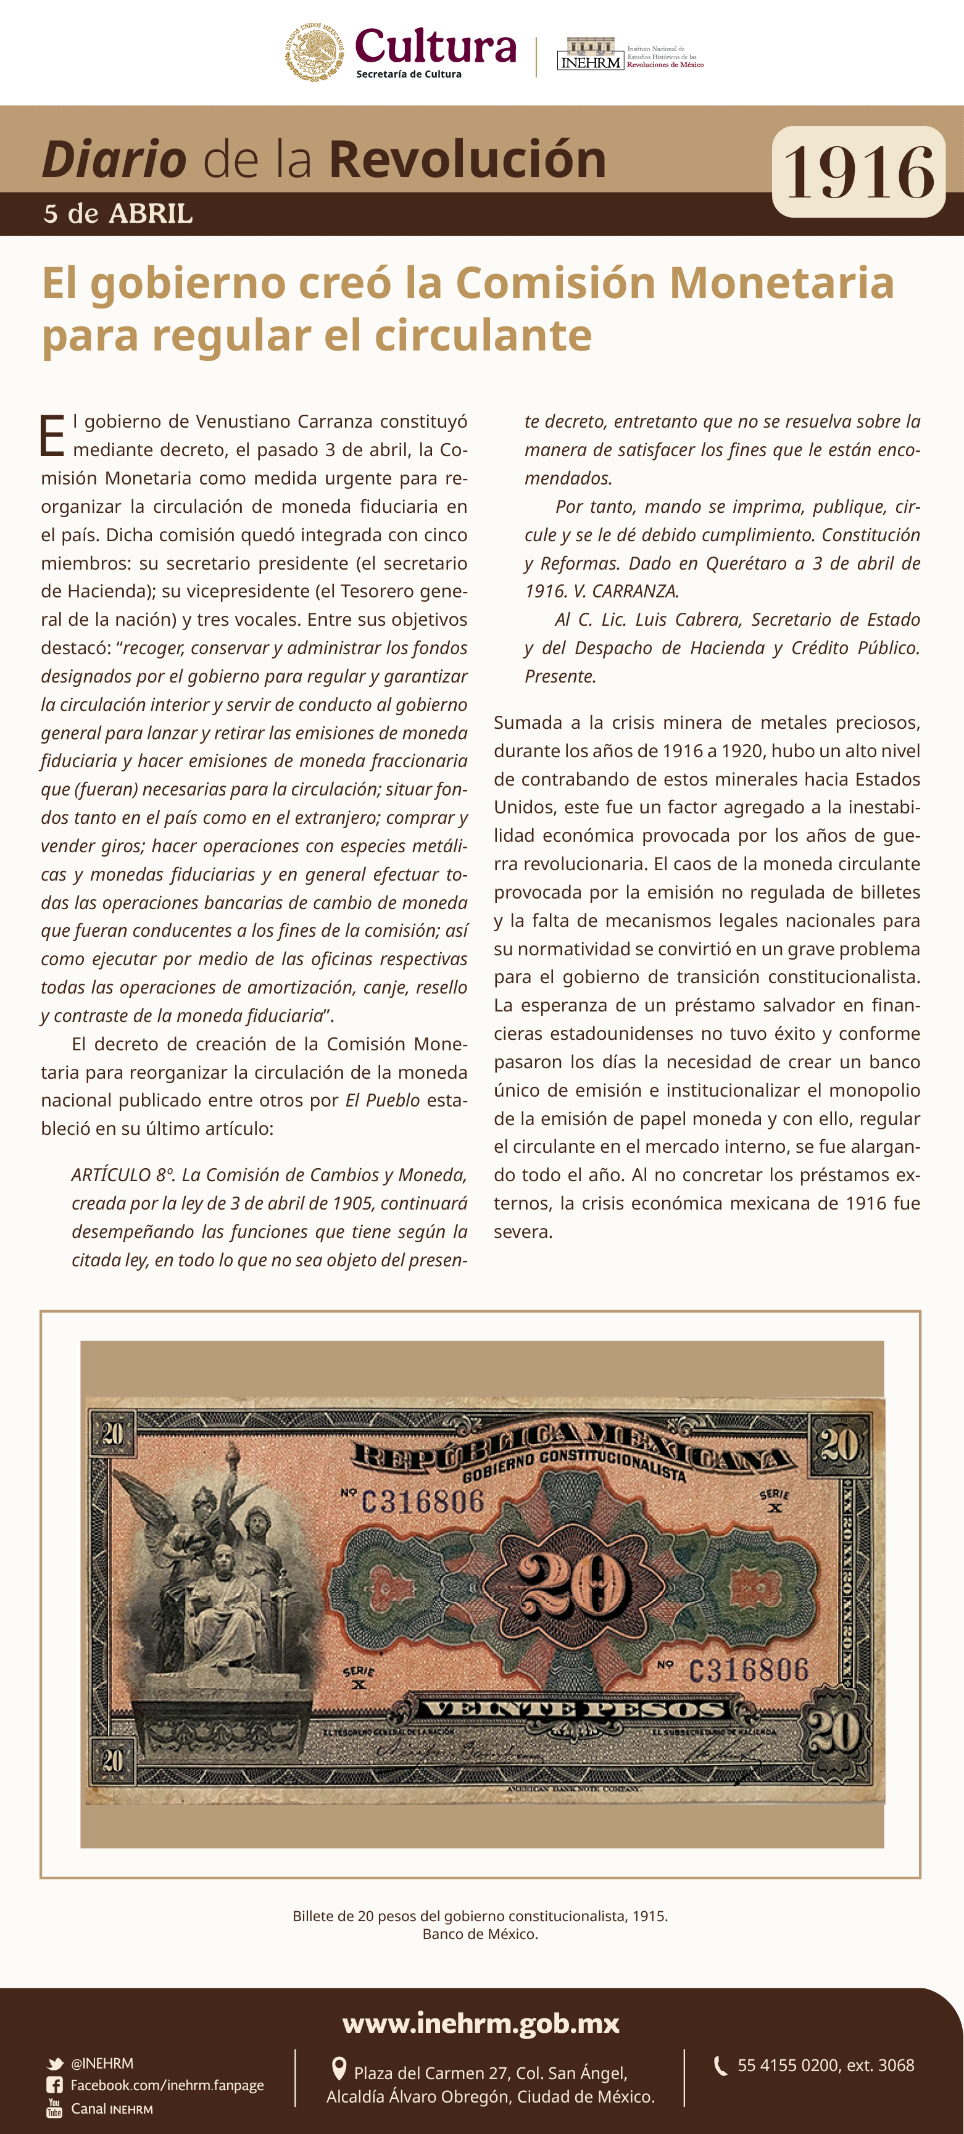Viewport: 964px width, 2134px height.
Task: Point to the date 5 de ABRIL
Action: (118, 214)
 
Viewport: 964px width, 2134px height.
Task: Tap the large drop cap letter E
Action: (52, 436)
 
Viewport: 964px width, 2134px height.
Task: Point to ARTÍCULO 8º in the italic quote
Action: (122, 1175)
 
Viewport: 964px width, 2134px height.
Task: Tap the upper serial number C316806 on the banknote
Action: (422, 1501)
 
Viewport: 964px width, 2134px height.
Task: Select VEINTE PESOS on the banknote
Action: (574, 1709)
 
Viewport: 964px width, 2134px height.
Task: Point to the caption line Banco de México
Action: (480, 1934)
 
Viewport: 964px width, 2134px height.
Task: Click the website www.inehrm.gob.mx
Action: (481, 2023)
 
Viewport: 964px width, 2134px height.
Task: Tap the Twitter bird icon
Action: (55, 2064)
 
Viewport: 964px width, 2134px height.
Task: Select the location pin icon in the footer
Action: (338, 2069)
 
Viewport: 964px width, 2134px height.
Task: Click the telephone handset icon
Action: (720, 2065)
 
